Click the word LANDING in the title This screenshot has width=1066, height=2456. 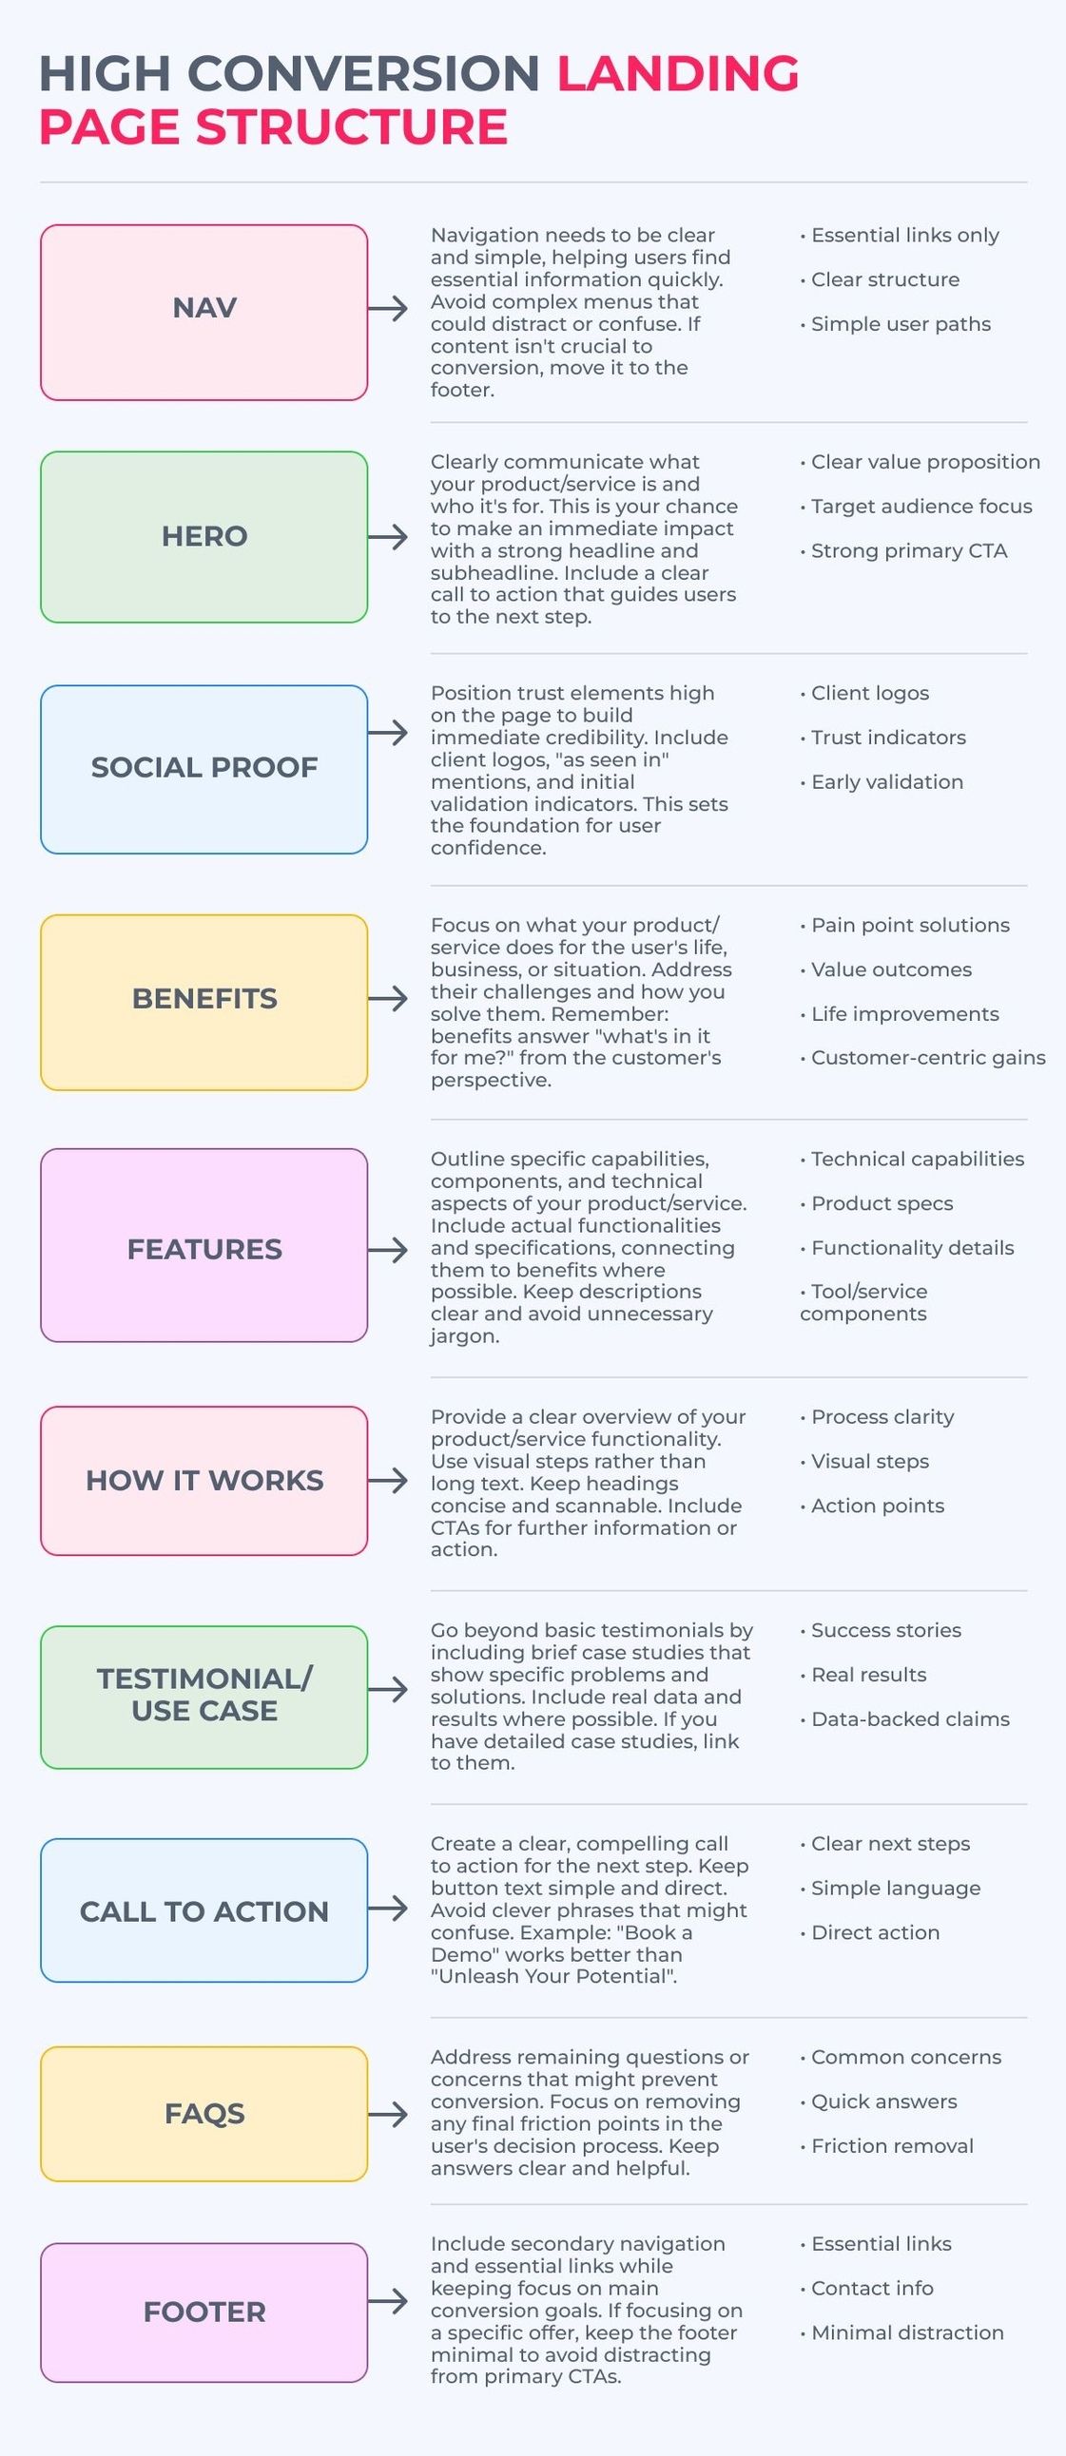point(678,74)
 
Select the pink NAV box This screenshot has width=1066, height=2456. point(204,313)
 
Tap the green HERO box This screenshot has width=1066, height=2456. point(204,537)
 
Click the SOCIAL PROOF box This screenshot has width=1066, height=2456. point(204,770)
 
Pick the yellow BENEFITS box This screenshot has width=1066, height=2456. point(204,1002)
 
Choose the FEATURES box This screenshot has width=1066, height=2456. point(204,1245)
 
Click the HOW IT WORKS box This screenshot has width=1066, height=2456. point(204,1481)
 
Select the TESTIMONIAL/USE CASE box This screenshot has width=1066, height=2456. point(204,1698)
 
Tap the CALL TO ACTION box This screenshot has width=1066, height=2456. point(204,1910)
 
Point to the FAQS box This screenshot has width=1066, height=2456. point(204,2114)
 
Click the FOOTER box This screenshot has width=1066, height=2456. point(204,2312)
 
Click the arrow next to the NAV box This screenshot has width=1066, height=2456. point(388,308)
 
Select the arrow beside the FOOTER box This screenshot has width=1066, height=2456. point(388,2301)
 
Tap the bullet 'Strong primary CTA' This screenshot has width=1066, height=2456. point(904,551)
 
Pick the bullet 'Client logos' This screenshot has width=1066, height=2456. point(864,693)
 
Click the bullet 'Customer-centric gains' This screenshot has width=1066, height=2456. point(923,1057)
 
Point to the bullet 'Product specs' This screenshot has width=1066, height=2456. point(876,1203)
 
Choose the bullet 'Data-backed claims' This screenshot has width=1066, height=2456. point(905,1719)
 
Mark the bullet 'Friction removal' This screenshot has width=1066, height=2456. point(886,2145)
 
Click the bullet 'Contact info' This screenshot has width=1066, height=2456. point(866,2288)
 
